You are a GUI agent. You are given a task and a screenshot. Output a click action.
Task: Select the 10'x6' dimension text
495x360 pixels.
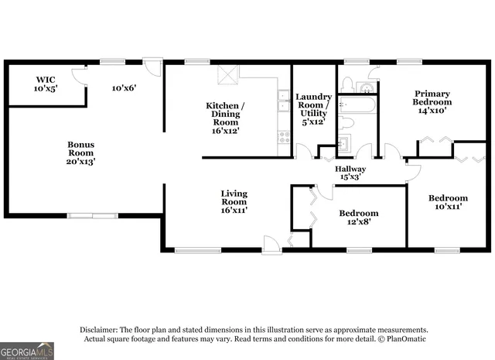[x=124, y=88]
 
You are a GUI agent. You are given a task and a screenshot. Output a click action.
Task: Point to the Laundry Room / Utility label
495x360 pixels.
[x=313, y=108]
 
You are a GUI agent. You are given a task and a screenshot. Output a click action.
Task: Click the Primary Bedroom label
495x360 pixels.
[x=432, y=101]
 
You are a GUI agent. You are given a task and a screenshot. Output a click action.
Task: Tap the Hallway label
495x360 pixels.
[x=350, y=173]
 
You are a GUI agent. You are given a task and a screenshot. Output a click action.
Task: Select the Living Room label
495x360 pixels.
[x=234, y=202]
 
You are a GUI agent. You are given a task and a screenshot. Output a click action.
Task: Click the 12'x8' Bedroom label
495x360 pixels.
[x=358, y=218]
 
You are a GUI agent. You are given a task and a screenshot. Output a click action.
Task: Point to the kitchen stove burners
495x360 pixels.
[x=284, y=139]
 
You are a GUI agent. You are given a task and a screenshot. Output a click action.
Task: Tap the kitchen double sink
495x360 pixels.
[x=284, y=101]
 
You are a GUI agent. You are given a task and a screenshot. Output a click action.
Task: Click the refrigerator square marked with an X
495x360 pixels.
[x=227, y=74]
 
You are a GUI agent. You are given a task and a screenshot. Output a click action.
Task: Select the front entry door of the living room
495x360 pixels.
[x=271, y=245]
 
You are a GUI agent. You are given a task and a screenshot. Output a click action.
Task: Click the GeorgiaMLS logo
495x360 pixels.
[x=27, y=351]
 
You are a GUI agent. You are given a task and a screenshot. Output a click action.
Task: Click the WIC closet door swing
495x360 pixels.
[x=77, y=74]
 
